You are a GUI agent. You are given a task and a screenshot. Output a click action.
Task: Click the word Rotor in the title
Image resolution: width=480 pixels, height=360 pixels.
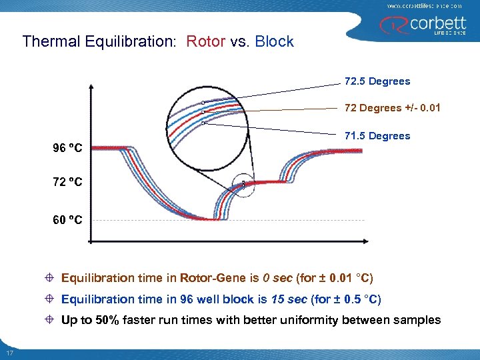click(x=205, y=41)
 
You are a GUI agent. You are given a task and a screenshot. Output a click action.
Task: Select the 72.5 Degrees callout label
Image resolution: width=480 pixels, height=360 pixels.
click(x=377, y=81)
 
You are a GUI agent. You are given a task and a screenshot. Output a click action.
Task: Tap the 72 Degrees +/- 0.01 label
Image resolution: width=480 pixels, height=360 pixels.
click(x=392, y=108)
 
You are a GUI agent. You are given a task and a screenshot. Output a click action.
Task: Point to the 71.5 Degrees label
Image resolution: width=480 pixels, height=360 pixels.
click(x=377, y=136)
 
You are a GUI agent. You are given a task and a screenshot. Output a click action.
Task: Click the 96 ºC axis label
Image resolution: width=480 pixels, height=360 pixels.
click(x=67, y=147)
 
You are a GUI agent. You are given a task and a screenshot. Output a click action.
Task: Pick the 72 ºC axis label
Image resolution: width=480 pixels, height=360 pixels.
click(x=67, y=181)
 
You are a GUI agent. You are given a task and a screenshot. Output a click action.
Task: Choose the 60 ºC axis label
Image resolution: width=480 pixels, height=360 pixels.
click(x=67, y=219)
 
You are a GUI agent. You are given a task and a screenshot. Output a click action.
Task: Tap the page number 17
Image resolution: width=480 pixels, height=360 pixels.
click(x=9, y=353)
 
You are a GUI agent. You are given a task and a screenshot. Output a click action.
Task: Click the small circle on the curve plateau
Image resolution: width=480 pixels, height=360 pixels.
click(x=243, y=184)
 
